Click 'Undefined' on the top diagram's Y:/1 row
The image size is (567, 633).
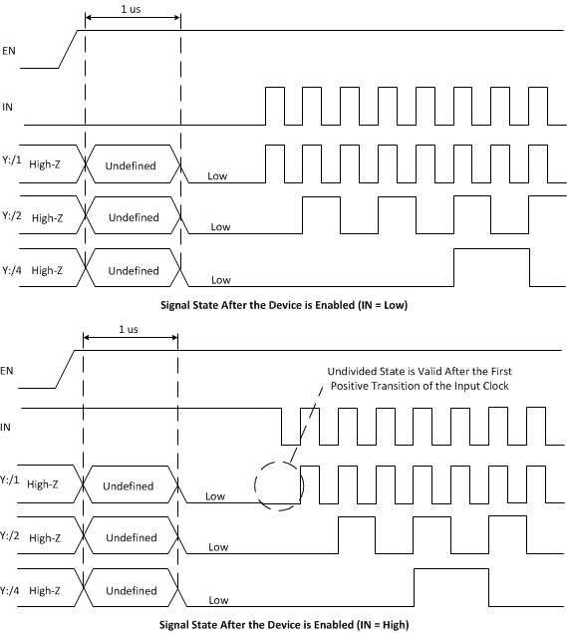point(131,164)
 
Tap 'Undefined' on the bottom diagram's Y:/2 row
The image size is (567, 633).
point(132,538)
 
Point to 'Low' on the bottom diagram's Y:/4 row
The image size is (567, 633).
point(218,600)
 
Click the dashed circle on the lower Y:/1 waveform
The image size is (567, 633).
point(278,485)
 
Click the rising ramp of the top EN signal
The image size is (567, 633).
point(69,47)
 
